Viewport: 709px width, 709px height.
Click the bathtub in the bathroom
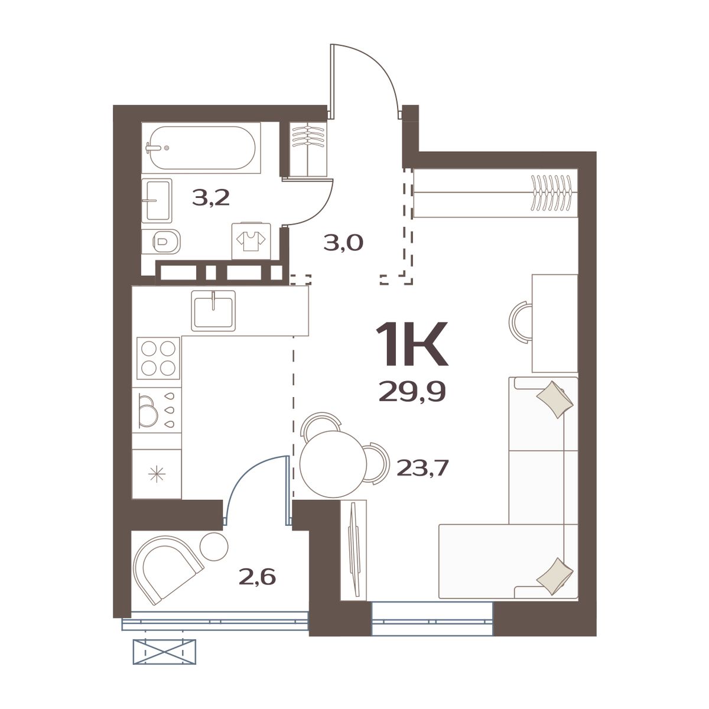point(201,148)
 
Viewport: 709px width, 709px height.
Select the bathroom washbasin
point(157,200)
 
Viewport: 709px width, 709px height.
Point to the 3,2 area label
point(211,199)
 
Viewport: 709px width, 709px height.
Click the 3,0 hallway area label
point(343,243)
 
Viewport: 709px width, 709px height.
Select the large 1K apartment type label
point(411,344)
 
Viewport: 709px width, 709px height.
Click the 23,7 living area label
point(423,469)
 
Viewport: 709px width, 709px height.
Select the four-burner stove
point(158,358)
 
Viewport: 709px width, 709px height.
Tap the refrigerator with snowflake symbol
point(157,474)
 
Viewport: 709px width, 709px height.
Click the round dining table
point(334,464)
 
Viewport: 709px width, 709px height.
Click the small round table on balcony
point(214,546)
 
